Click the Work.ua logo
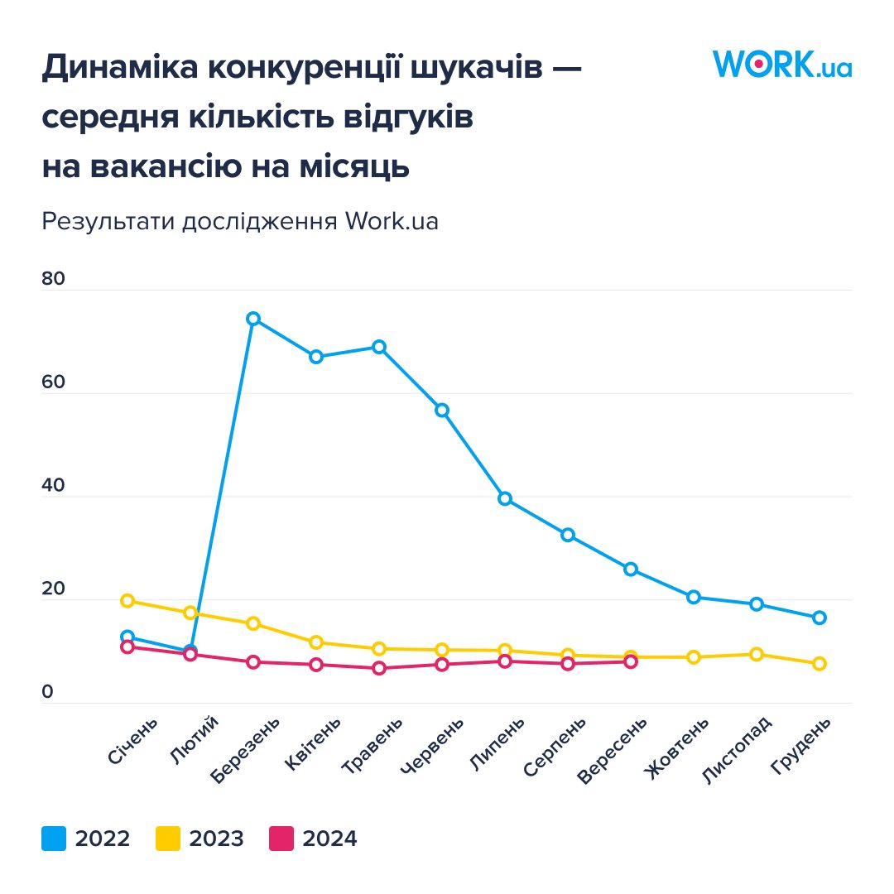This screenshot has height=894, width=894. (781, 64)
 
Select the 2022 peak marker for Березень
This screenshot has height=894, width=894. (253, 319)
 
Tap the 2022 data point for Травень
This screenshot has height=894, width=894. (379, 347)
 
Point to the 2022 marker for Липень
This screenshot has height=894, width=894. (505, 498)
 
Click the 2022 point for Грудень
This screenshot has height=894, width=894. (819, 618)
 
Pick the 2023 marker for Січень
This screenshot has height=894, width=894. (127, 600)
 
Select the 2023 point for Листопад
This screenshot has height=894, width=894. (756, 654)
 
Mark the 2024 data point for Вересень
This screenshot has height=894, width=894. (631, 661)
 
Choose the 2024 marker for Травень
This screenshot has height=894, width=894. (379, 668)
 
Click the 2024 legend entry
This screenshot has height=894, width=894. (314, 839)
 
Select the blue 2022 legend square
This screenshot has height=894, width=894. (54, 839)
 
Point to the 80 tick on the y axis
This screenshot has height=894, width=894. (53, 279)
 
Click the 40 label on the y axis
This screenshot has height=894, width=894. (53, 486)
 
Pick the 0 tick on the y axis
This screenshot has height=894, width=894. (47, 692)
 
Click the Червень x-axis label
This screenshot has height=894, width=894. (426, 747)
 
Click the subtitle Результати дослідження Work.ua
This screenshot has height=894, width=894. (240, 222)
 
